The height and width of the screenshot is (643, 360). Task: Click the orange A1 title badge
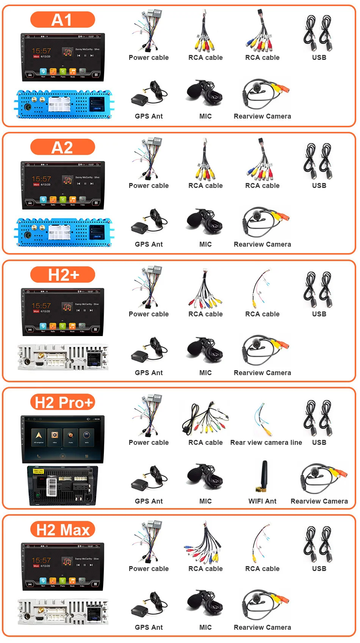(63, 20)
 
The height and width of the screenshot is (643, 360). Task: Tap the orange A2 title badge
(63, 147)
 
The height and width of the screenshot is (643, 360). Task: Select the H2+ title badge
(63, 275)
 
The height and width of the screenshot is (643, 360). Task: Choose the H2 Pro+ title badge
(63, 402)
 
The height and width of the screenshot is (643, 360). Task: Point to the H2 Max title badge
(63, 530)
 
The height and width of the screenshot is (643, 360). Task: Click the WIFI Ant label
(262, 501)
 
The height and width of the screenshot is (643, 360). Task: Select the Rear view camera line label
(266, 442)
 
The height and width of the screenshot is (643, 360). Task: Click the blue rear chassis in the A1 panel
(64, 104)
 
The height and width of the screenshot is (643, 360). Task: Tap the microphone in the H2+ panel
(205, 349)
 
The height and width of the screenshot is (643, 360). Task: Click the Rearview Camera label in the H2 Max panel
(262, 627)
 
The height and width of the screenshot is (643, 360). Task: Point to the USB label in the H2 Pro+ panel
(319, 442)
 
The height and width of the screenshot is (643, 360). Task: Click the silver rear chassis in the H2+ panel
(63, 357)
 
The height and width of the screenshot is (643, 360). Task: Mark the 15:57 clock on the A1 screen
(41, 51)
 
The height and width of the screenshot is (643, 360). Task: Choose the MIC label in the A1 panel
(205, 116)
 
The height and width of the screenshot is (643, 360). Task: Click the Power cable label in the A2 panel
(149, 186)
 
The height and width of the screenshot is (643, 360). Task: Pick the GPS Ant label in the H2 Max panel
(149, 627)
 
